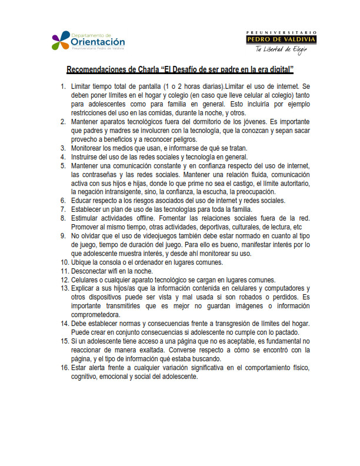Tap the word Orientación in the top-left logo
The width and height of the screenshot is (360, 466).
98,42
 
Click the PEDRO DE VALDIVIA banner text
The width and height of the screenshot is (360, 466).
281,39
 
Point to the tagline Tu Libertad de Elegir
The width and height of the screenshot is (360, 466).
281,49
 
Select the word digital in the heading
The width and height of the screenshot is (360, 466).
276,69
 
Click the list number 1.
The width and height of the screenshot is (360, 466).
63,87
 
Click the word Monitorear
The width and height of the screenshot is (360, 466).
91,148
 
